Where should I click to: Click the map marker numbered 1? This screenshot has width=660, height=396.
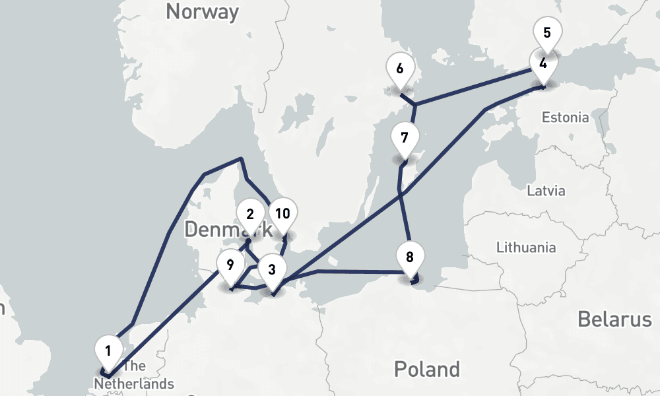109,348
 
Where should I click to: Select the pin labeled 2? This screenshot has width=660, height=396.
250,214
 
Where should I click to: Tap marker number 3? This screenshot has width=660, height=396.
271,269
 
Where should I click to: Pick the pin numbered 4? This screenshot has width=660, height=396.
543,64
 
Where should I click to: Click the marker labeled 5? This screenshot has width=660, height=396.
546,32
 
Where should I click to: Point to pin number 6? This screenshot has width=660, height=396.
399,69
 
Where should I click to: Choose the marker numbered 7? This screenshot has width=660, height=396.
404,139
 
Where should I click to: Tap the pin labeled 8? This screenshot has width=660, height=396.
410,257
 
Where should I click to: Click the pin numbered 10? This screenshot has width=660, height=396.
282,214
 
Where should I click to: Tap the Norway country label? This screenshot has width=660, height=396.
202,12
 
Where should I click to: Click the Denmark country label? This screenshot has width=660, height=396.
228,230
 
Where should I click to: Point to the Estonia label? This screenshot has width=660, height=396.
565,117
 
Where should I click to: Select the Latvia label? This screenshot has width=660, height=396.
546,191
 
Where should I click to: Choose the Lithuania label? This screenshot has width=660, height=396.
525,247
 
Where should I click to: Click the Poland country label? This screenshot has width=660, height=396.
426,368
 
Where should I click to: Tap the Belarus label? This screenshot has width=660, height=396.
614,319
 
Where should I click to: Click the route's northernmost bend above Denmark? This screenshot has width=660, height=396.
242,158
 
